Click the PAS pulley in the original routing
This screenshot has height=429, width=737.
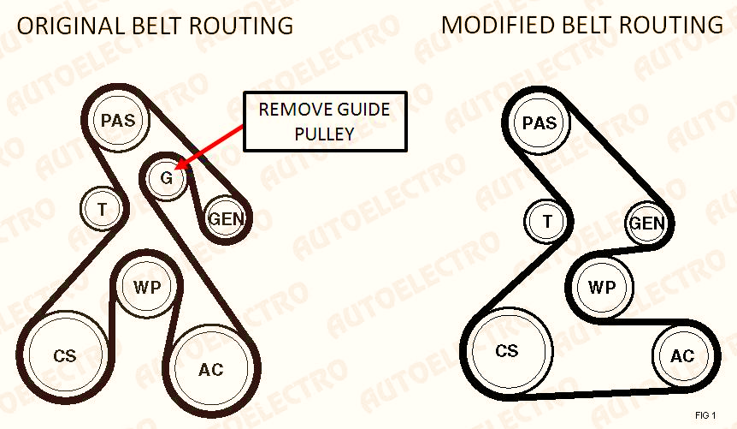[118, 120]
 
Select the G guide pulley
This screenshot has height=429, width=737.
[166, 177]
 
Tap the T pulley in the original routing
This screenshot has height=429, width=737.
[102, 209]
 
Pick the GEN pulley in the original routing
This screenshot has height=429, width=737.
[226, 218]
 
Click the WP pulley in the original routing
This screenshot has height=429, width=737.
[147, 286]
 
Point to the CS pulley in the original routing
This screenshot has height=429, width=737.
[64, 355]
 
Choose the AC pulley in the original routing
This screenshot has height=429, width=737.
[210, 369]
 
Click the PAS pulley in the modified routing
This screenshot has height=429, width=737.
[539, 122]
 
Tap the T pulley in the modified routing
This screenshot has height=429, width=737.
[546, 221]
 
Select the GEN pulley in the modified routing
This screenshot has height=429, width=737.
[646, 223]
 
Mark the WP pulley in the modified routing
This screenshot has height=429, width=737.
[602, 286]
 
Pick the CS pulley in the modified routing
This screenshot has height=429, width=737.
[507, 351]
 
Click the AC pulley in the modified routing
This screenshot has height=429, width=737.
[682, 355]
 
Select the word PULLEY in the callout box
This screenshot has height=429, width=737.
[324, 134]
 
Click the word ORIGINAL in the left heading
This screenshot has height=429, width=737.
[72, 26]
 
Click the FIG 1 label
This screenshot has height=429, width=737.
[705, 415]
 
